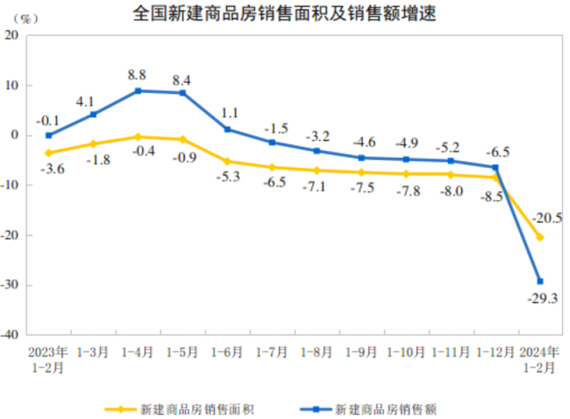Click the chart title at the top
tap(284, 13)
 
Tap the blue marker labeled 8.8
tap(138, 91)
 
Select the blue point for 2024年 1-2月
tap(540, 281)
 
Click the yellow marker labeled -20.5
tap(540, 237)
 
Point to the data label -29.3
tap(544, 299)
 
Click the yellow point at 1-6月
tap(227, 162)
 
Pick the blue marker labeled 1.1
tap(227, 129)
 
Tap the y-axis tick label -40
tap(13, 335)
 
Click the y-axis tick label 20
tap(14, 36)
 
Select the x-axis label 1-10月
tap(406, 352)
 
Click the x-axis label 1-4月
tap(138, 352)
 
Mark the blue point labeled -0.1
tap(49, 136)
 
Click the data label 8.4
tap(183, 79)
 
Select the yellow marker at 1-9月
tap(361, 173)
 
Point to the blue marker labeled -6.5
tap(495, 167)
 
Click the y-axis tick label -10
tap(13, 186)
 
